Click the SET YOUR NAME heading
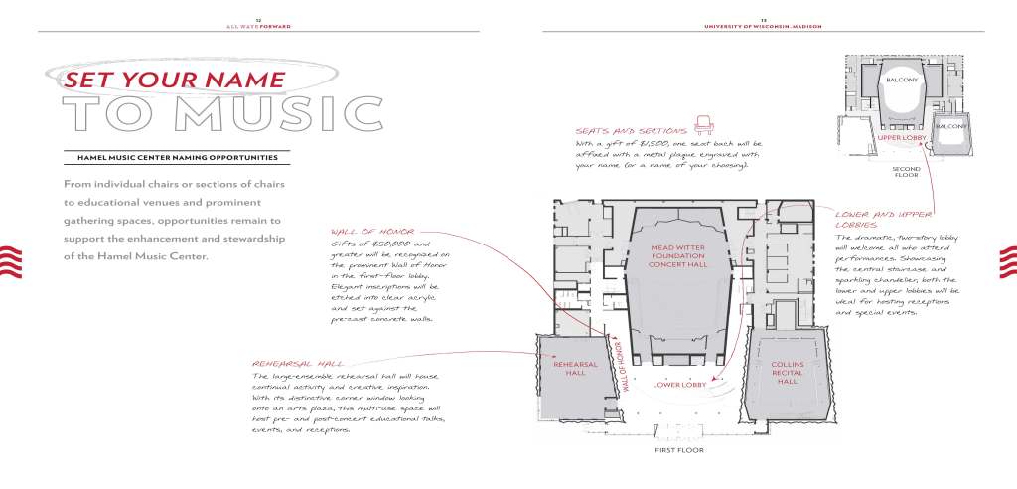click(x=175, y=80)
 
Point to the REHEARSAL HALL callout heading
click(x=298, y=365)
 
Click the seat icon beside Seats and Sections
click(x=705, y=124)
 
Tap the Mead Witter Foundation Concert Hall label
click(x=678, y=256)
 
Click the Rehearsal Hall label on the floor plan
click(x=576, y=369)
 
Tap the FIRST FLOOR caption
click(x=678, y=449)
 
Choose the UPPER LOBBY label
click(x=901, y=139)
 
